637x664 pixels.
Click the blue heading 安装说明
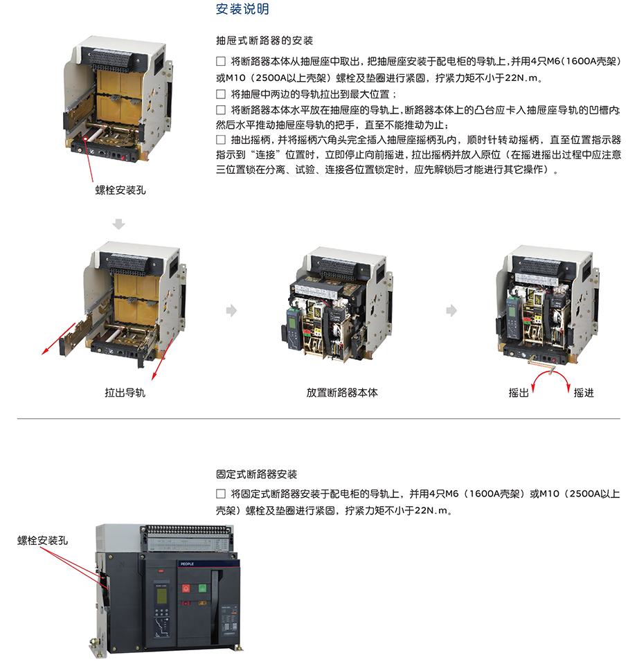(x=242, y=9)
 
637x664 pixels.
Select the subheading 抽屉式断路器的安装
(x=264, y=41)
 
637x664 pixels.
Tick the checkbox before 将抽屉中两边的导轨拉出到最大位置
(x=221, y=94)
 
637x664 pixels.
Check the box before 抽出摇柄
(x=221, y=140)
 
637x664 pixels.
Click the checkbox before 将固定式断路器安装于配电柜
(x=221, y=494)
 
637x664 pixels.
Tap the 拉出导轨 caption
(x=125, y=393)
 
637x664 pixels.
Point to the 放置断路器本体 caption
(x=342, y=393)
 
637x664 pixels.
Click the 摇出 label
(x=519, y=393)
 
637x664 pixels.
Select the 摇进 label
(x=584, y=393)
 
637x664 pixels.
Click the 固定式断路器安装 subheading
(x=257, y=474)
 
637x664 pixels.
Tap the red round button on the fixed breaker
(x=186, y=589)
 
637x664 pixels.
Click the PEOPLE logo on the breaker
(x=187, y=564)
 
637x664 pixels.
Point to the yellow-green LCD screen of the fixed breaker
(x=162, y=596)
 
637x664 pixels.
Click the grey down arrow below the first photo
(x=118, y=224)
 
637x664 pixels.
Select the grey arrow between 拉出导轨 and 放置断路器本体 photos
(x=231, y=310)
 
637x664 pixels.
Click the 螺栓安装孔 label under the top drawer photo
(x=120, y=190)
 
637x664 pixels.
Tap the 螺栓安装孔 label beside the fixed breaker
(x=42, y=540)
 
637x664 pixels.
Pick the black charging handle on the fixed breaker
(x=216, y=593)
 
